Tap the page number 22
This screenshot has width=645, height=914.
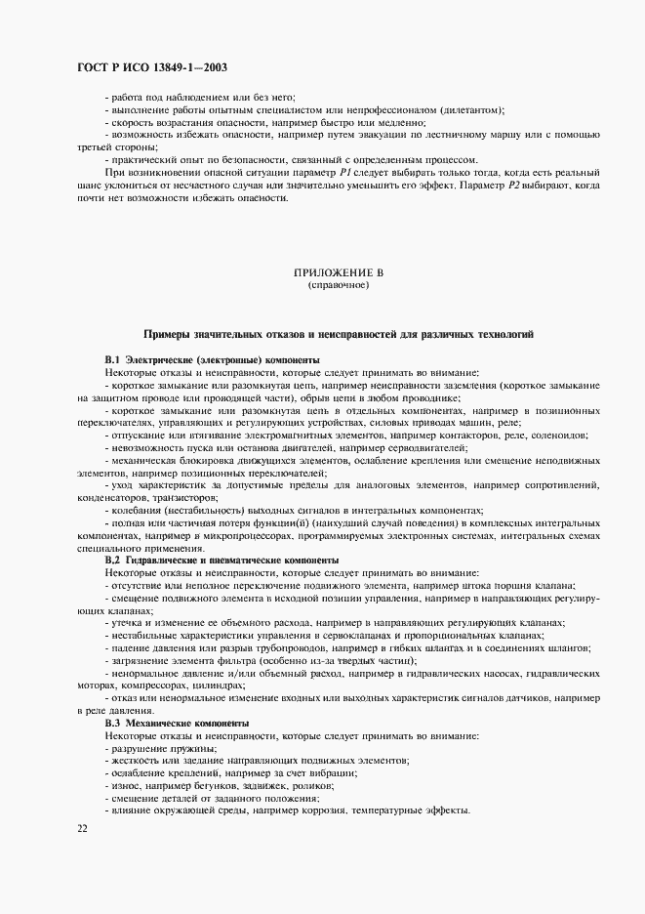tap(81, 828)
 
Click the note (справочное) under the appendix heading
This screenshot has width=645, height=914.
tap(338, 286)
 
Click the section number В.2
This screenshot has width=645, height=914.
tap(112, 560)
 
